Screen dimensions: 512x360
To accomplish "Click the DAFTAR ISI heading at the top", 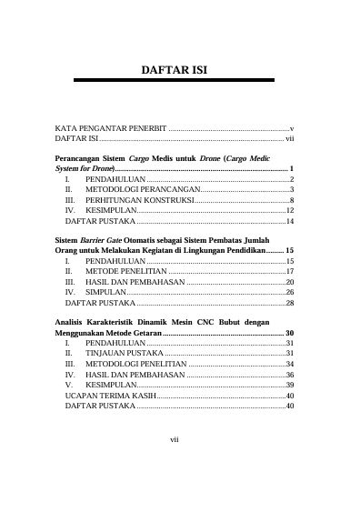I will pyautogui.click(x=179, y=69).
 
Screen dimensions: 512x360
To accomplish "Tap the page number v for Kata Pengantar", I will pyautogui.click(x=291, y=131).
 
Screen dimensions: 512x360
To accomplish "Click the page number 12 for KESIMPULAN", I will pyautogui.click(x=289, y=210).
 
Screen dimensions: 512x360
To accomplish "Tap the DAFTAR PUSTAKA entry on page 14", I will pyautogui.click(x=100, y=221).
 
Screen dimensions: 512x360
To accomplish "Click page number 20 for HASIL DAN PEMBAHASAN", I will pyautogui.click(x=289, y=282).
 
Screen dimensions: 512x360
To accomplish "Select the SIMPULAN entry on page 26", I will pyautogui.click(x=106, y=293).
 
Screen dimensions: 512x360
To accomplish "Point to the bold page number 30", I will pyautogui.click(x=289, y=332).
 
